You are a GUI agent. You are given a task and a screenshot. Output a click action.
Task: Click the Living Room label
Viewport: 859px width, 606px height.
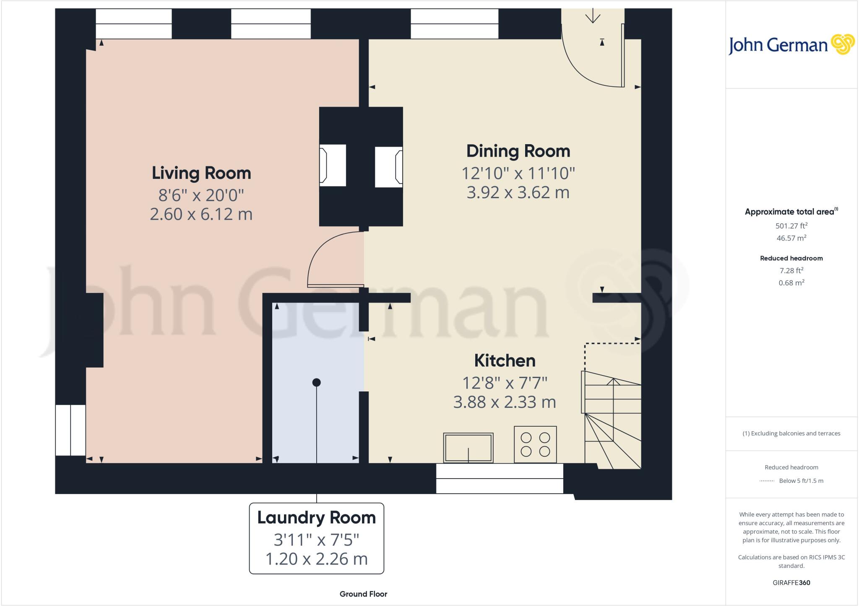201,173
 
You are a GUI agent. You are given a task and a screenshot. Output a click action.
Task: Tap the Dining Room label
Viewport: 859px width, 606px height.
518,151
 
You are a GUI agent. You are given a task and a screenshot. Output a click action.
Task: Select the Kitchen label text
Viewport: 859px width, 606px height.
505,360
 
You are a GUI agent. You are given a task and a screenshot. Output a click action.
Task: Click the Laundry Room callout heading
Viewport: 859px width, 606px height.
316,518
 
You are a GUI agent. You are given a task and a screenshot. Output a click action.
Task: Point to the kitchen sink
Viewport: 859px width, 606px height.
468,448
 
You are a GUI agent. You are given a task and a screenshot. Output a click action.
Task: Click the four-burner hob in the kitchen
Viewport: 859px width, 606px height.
535,444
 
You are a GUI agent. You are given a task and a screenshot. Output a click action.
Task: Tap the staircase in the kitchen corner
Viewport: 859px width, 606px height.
612,419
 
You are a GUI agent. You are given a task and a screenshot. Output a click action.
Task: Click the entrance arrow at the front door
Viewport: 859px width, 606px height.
593,17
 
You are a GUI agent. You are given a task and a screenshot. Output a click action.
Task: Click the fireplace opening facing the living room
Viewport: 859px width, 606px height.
333,165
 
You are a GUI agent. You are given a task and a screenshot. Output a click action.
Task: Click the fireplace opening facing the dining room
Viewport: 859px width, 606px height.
388,166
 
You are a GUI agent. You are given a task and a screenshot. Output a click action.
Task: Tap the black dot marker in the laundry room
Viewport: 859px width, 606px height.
317,382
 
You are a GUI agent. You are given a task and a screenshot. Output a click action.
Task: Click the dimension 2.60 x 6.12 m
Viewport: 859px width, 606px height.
201,214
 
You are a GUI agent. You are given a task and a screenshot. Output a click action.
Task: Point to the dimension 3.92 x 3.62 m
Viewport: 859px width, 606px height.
518,192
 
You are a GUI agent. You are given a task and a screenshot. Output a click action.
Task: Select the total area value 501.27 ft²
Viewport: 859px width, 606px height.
791,226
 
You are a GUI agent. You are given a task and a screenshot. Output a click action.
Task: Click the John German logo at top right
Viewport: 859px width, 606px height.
791,45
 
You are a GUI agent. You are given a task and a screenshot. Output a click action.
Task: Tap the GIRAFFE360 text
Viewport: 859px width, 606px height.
791,583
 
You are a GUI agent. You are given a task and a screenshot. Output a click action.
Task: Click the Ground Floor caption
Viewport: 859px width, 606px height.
363,594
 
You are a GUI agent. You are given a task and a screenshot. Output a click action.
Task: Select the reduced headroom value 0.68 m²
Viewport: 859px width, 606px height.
791,283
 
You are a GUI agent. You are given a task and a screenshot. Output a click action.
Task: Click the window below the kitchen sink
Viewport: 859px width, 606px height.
499,478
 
